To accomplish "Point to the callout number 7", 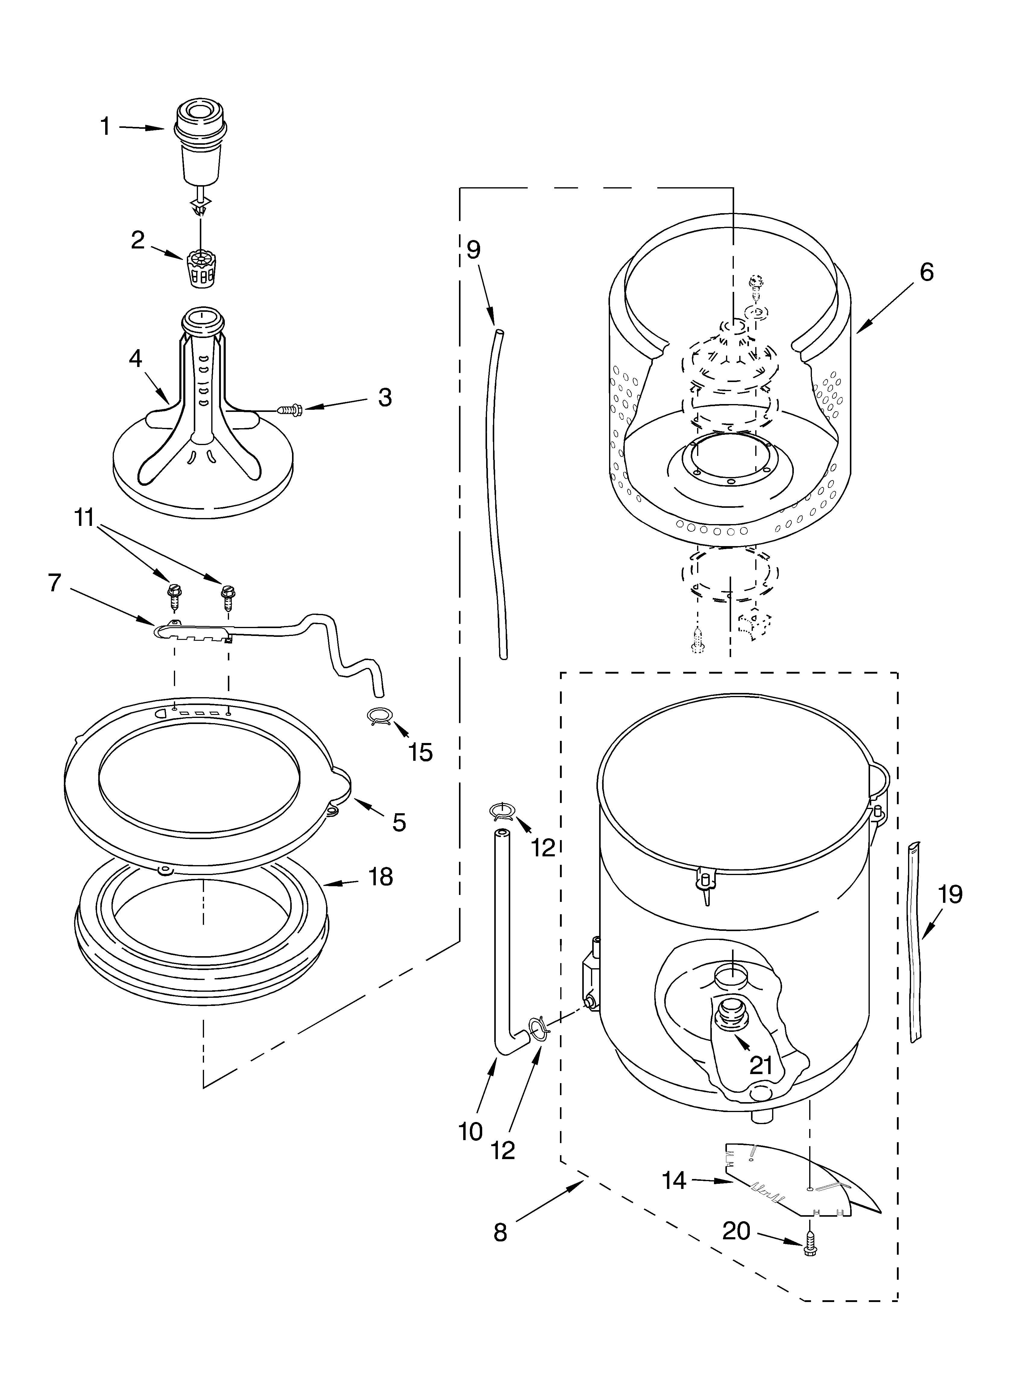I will click(55, 583).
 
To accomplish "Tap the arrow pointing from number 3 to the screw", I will click(335, 404).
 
